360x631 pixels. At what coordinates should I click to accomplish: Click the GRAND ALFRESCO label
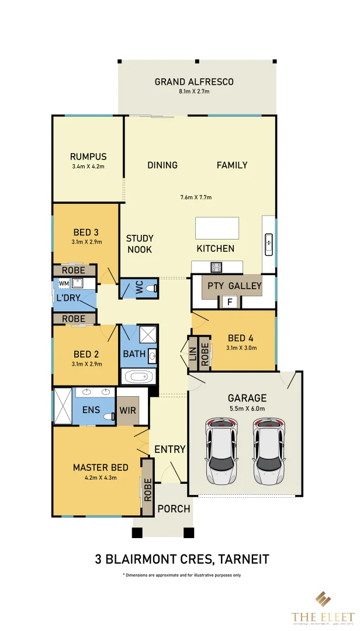click(194, 82)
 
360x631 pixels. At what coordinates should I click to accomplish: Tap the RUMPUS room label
click(88, 157)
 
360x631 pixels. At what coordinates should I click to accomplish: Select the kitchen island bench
click(217, 228)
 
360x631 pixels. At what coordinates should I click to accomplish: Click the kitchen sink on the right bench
click(269, 244)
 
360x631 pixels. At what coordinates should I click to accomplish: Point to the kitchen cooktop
click(216, 268)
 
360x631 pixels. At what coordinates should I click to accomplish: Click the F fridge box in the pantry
click(230, 303)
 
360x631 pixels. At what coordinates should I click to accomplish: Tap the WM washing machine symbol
click(64, 283)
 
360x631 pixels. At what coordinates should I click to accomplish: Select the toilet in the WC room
click(150, 289)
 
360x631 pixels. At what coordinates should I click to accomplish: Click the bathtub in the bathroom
click(139, 377)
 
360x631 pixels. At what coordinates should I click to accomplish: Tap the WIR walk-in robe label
click(127, 410)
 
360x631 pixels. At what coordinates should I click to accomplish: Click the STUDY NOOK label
click(140, 244)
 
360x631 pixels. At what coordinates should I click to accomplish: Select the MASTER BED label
click(101, 467)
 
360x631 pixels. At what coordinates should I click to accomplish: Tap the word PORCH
click(174, 509)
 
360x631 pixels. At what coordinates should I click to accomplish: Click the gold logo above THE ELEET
click(323, 599)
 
